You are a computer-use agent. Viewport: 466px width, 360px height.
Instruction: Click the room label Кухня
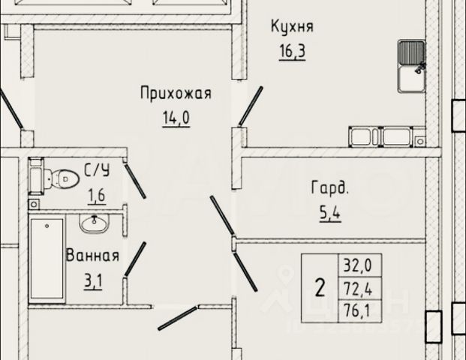292,27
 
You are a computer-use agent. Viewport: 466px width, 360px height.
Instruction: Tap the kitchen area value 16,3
292,53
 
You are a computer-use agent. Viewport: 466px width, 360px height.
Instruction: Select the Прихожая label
176,93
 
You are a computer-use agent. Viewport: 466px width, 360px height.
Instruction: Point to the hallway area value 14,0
176,118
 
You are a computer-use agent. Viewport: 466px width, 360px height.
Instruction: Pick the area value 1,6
97,196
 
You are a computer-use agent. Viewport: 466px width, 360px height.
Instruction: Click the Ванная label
92,255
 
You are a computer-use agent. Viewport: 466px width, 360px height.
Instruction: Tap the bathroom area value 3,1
92,282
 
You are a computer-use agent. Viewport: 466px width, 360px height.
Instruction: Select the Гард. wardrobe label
330,187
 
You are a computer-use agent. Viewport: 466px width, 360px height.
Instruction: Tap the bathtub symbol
47,259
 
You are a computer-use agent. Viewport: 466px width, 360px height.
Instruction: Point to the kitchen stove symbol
383,137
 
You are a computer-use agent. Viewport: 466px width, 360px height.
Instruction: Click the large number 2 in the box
320,286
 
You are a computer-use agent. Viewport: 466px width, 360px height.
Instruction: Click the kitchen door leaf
251,106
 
